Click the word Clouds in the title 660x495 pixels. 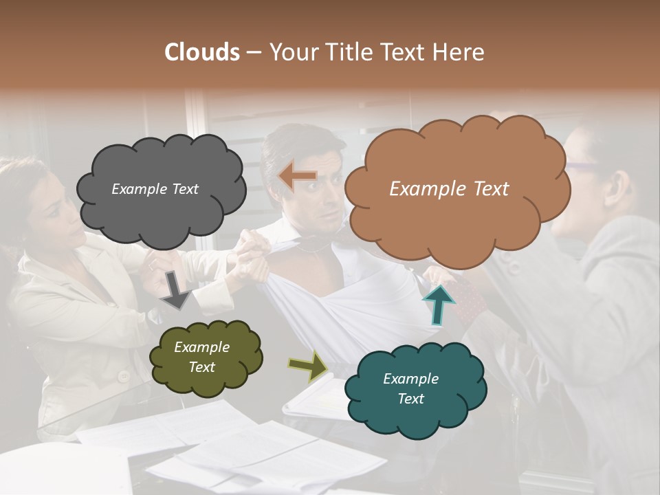202,52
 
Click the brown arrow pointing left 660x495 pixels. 297,177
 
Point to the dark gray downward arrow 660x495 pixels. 175,289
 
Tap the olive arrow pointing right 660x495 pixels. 309,366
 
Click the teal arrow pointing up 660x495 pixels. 439,304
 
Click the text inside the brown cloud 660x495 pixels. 449,189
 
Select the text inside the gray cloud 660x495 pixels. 155,189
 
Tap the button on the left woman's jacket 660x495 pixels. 124,376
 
